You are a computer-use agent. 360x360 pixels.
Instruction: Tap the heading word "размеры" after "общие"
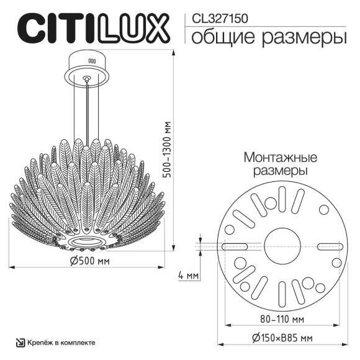pos(304,38)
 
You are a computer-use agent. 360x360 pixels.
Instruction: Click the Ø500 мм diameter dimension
pos(91,261)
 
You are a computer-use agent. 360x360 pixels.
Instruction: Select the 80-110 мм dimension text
pos(281,319)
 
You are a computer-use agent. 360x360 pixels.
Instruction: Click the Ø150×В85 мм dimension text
pos(281,338)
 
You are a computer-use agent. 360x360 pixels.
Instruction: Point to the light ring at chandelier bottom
pos(88,239)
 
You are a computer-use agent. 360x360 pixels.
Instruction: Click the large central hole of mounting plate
pos(281,246)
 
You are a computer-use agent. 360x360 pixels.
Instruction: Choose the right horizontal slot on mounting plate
pos(327,247)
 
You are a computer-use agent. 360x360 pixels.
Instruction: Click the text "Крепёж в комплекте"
pos(61,343)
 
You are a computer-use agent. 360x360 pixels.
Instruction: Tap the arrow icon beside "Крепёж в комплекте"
pos(20,343)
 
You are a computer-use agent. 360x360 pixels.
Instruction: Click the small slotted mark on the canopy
pos(91,61)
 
